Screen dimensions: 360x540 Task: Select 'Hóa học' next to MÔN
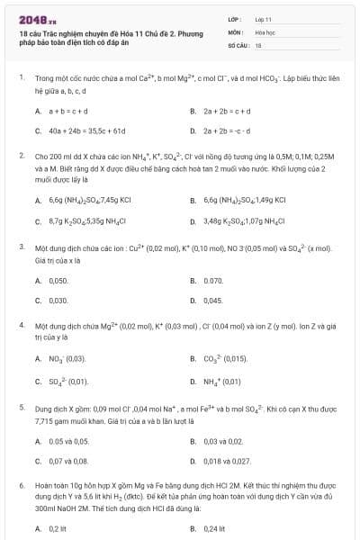pos(264,31)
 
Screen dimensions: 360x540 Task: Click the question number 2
pos(21,156)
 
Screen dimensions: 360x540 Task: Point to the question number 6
pos(21,485)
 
